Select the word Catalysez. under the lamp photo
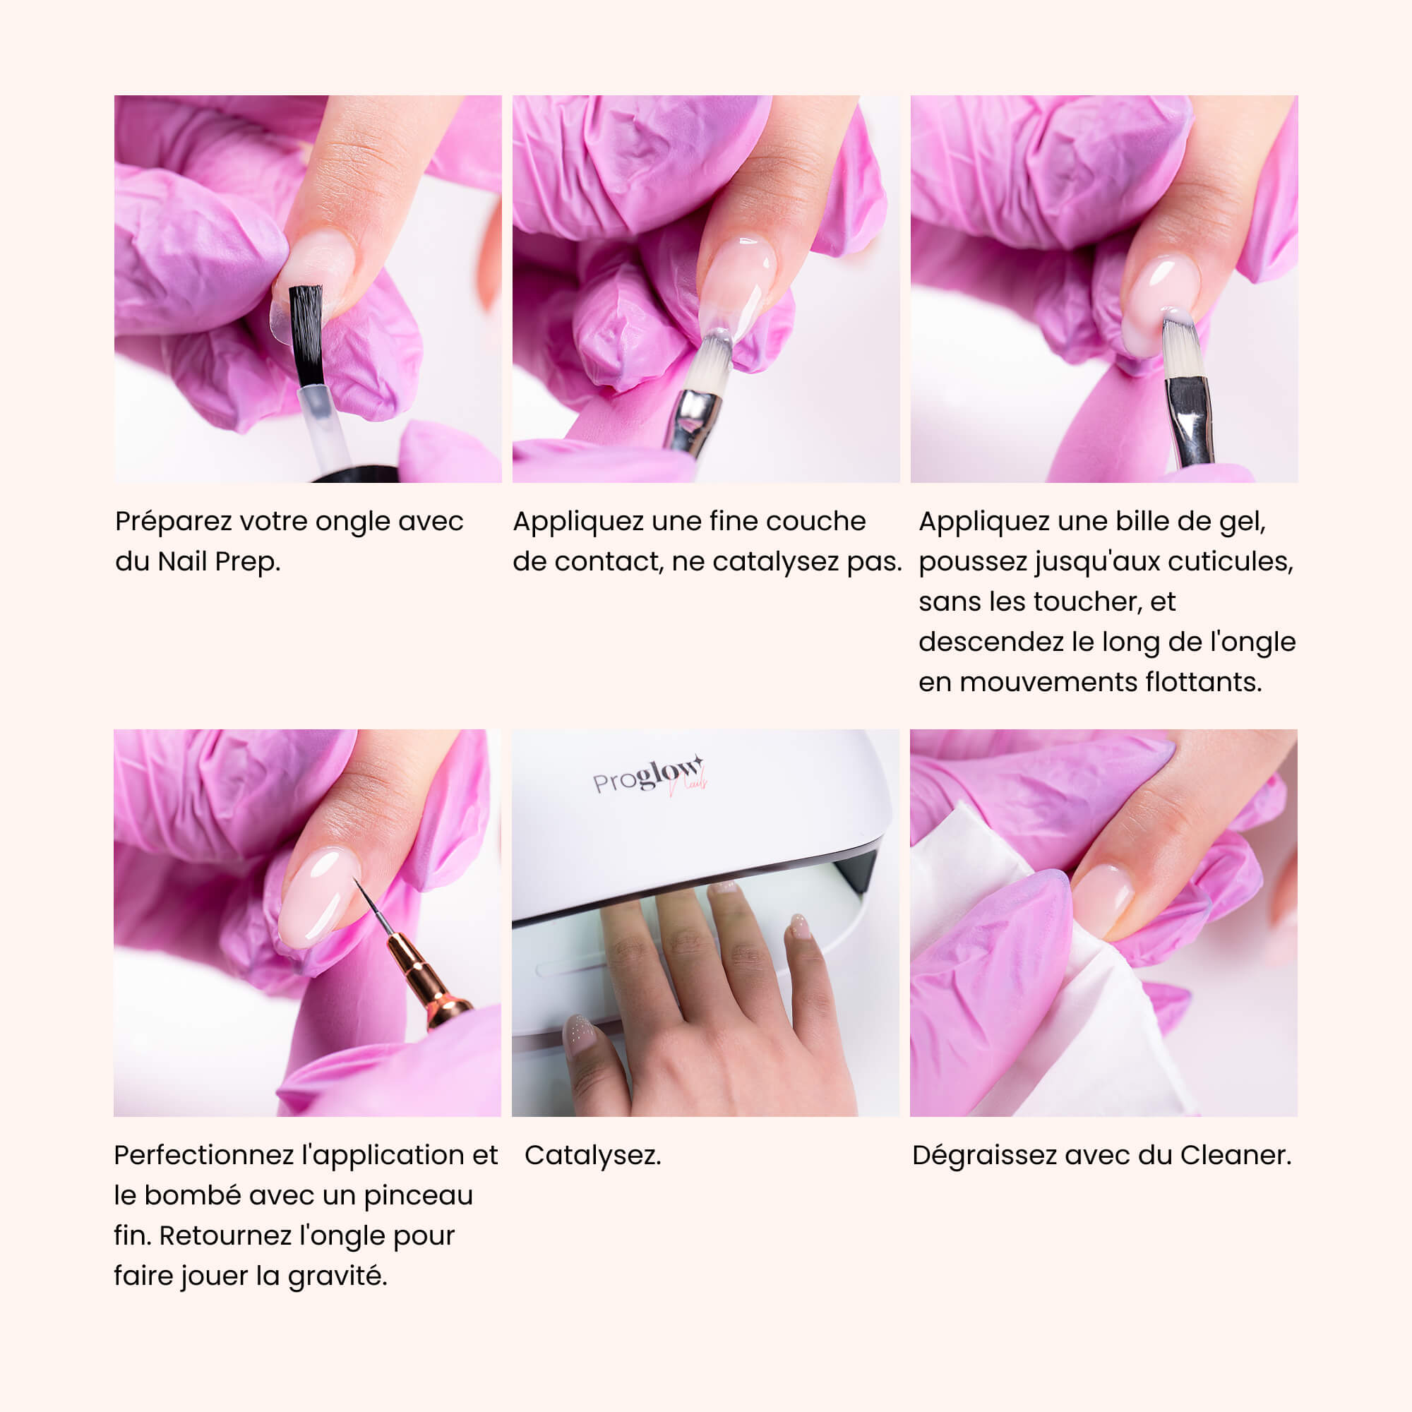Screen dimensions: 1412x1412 coord(593,1156)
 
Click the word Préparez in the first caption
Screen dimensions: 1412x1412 coord(173,521)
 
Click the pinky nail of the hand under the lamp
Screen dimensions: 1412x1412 coord(801,926)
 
